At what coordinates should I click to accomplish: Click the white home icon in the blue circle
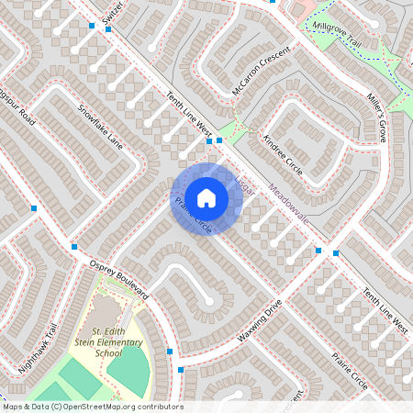click(x=206, y=197)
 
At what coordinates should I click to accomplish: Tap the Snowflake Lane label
click(x=99, y=127)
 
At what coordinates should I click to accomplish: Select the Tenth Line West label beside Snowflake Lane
click(x=188, y=115)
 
